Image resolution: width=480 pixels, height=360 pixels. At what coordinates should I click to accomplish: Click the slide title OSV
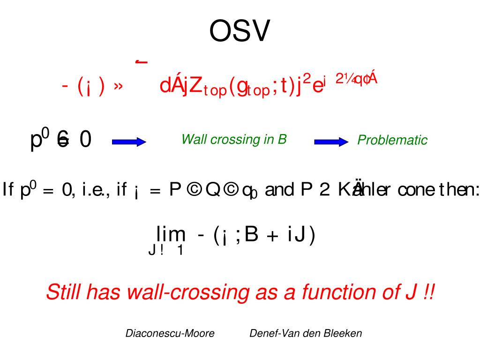coord(240,32)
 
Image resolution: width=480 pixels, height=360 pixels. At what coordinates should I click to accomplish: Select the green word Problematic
coord(392,140)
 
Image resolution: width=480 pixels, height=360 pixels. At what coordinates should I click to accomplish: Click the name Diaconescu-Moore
coord(170,333)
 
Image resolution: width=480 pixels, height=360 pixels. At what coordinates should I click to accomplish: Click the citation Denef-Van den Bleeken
coord(306,333)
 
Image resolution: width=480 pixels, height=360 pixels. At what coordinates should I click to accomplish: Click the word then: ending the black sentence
coord(457,190)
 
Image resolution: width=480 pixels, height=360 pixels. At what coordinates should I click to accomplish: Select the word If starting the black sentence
coord(9,190)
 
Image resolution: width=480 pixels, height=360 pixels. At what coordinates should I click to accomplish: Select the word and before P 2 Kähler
coord(279,190)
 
